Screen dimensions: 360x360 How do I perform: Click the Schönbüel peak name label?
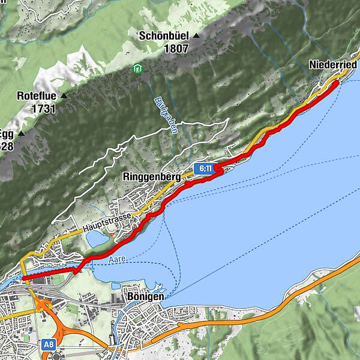coord(164,36)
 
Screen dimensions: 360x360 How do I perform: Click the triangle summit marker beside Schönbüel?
coord(196,36)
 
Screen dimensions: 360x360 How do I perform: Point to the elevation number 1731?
coord(44,109)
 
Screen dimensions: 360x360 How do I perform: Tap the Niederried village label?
coord(333,65)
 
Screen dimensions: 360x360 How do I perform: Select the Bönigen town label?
coord(146,298)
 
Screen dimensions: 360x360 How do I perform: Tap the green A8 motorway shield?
coord(49,346)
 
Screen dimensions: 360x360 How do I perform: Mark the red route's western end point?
coord(23,278)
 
